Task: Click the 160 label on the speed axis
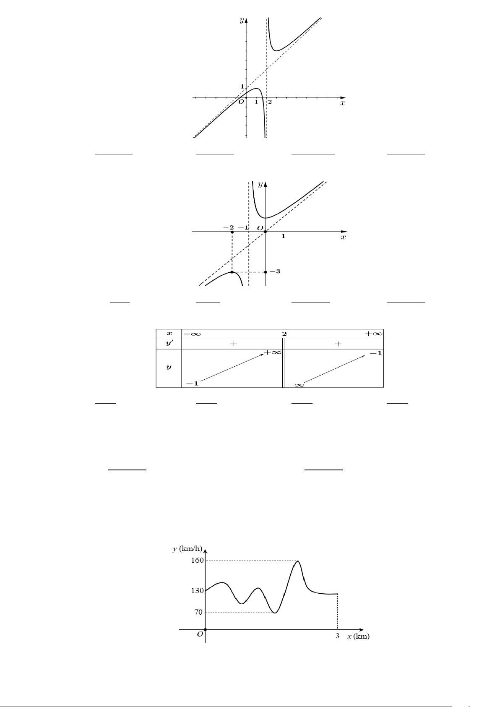pos(198,560)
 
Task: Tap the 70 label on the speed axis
pos(198,612)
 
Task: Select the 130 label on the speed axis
pos(198,590)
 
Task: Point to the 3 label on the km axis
pos(337,636)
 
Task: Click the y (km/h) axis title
pos(187,549)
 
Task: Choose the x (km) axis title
pos(358,636)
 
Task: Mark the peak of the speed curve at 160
pos(297,561)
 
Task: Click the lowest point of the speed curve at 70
pos(275,613)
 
